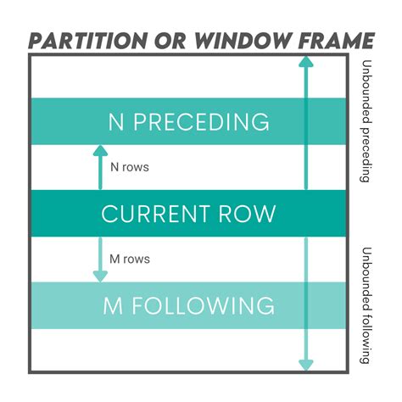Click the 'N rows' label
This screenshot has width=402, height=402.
[x=129, y=167]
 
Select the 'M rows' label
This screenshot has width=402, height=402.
[x=130, y=259]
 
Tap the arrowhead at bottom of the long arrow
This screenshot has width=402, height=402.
[x=305, y=365]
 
